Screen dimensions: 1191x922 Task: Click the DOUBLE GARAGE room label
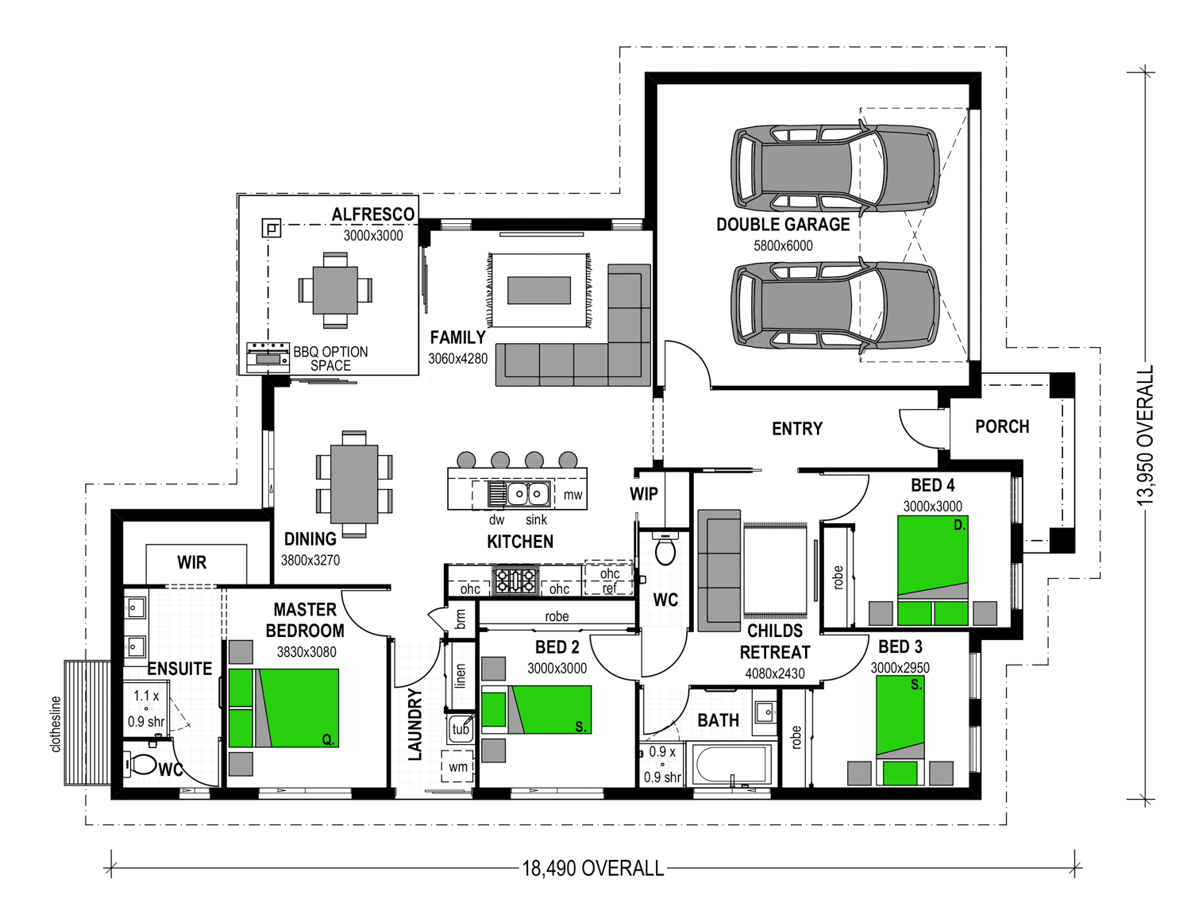coord(783,224)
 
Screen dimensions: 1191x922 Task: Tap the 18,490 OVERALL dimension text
coord(593,868)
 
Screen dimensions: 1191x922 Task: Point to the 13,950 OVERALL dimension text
coord(1145,435)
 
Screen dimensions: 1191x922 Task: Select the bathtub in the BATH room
coord(732,765)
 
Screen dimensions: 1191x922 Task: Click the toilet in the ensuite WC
coord(141,764)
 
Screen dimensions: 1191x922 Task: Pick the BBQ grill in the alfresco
coord(268,357)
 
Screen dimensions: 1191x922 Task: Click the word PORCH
coord(1002,426)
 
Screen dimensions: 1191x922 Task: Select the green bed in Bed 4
coord(932,570)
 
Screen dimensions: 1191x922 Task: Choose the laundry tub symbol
coord(461,728)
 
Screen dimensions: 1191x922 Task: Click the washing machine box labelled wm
coord(457,766)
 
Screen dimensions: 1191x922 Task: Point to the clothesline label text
coord(56,724)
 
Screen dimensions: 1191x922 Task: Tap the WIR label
coord(192,562)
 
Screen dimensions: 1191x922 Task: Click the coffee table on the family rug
coord(539,290)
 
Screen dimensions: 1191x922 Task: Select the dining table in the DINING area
coord(354,484)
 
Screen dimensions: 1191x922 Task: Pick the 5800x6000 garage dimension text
coord(783,245)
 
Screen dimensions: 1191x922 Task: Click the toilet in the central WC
coord(665,549)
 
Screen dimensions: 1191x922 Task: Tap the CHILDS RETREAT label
coord(774,642)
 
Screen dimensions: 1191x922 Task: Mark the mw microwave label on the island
coord(572,495)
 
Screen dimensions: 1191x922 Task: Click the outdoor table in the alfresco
coord(335,290)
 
